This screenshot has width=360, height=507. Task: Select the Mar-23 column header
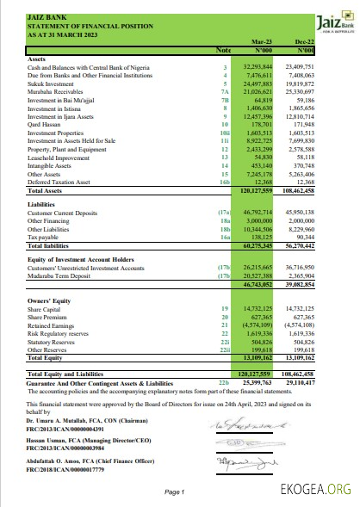[261, 41]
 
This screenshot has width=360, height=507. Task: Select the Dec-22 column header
[303, 41]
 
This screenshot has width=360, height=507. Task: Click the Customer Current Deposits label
[65, 212]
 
